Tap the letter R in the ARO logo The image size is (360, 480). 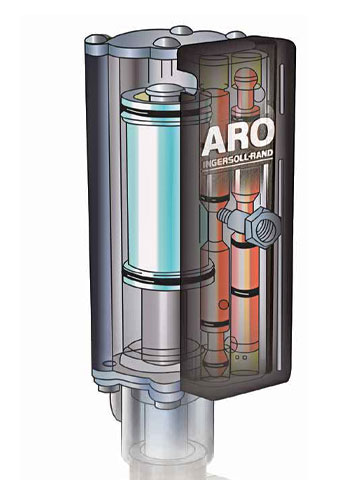pos(240,137)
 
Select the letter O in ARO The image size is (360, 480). pos(263,133)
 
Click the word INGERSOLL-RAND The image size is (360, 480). pos(237,160)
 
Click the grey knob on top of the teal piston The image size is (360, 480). pos(165,91)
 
